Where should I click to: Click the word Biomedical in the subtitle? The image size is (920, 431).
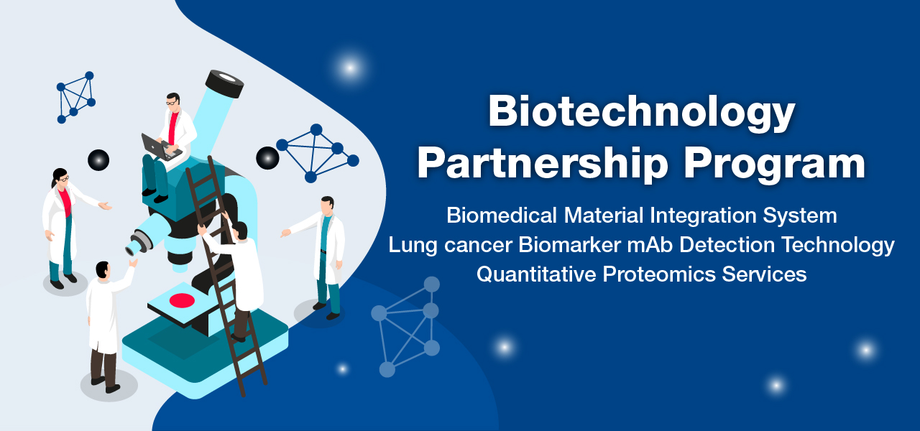click(502, 215)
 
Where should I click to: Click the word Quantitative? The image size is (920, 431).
click(536, 274)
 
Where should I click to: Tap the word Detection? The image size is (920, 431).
click(727, 245)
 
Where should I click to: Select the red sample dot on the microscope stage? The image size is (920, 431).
click(182, 300)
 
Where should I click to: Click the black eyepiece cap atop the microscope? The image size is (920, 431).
click(224, 84)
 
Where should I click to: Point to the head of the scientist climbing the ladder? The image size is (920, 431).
click(241, 231)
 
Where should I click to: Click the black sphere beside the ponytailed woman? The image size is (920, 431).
click(98, 160)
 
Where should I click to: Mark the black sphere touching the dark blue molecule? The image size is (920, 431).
click(267, 158)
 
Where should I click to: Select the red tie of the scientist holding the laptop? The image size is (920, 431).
click(173, 128)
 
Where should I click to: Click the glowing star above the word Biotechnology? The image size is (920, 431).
click(350, 68)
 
